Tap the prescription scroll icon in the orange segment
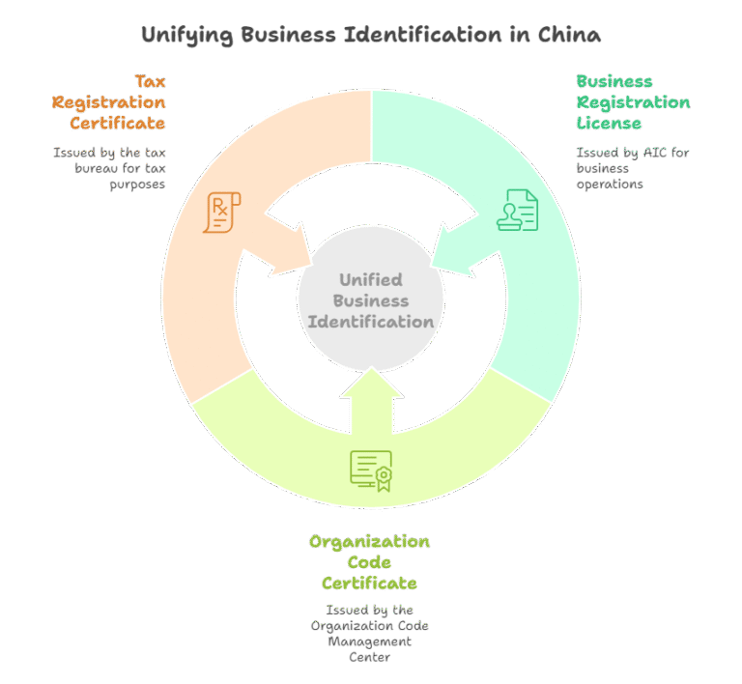click(222, 213)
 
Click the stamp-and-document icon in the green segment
click(518, 210)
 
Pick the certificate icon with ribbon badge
click(371, 470)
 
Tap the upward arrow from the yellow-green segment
click(371, 401)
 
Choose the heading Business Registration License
click(633, 101)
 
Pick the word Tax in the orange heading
click(149, 80)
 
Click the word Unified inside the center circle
click(371, 280)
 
